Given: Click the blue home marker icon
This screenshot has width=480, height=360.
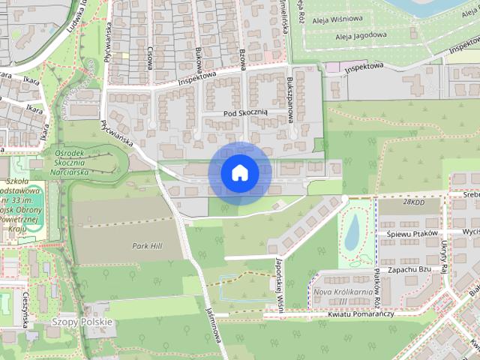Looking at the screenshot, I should point(239,173).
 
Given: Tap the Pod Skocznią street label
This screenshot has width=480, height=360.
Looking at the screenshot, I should point(245,112).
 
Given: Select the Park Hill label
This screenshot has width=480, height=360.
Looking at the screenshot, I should point(147,246).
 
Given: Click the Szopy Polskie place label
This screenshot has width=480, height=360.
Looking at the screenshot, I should point(82,322).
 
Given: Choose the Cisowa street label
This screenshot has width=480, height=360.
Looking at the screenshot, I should point(150,58).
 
